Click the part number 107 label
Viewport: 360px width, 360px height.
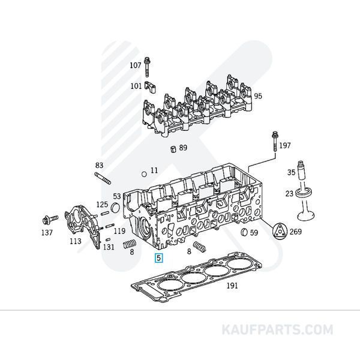(136, 65)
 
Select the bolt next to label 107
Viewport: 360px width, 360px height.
(147, 67)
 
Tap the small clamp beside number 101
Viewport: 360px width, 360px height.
(150, 87)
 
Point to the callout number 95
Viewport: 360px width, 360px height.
(258, 96)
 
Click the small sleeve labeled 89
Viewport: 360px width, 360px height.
(173, 149)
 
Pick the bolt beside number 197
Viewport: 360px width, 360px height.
(275, 141)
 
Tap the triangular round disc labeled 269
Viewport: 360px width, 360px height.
(280, 232)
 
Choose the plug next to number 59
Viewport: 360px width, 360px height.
(245, 232)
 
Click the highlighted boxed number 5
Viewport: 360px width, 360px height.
(159, 257)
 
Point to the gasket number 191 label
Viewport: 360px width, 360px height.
(232, 286)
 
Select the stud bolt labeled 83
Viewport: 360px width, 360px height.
(103, 178)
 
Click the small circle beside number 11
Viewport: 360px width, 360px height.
(144, 174)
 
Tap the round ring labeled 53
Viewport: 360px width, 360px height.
(115, 208)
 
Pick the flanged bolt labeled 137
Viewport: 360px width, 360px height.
(50, 219)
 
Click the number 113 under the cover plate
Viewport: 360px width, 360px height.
(76, 241)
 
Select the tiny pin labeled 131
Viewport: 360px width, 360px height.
(107, 239)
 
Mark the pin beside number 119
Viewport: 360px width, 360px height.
(110, 226)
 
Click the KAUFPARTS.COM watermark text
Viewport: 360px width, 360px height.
(277, 329)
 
